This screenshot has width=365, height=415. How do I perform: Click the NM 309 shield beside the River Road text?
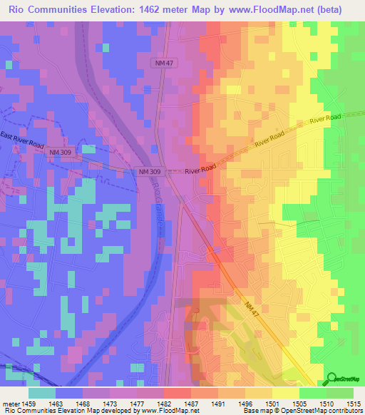click(x=150, y=172)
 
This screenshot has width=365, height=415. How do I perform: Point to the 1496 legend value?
click(x=247, y=403)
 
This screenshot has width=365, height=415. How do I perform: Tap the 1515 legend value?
click(x=354, y=403)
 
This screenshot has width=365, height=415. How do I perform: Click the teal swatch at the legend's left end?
click(x=42, y=392)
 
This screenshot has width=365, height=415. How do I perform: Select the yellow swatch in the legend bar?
click(x=286, y=392)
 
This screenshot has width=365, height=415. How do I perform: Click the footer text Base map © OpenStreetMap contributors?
click(x=303, y=411)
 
